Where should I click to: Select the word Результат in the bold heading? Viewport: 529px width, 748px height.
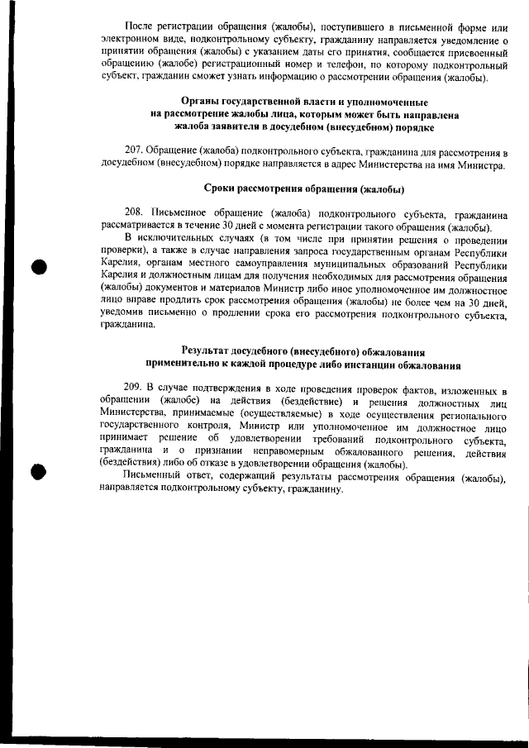[216, 350]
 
